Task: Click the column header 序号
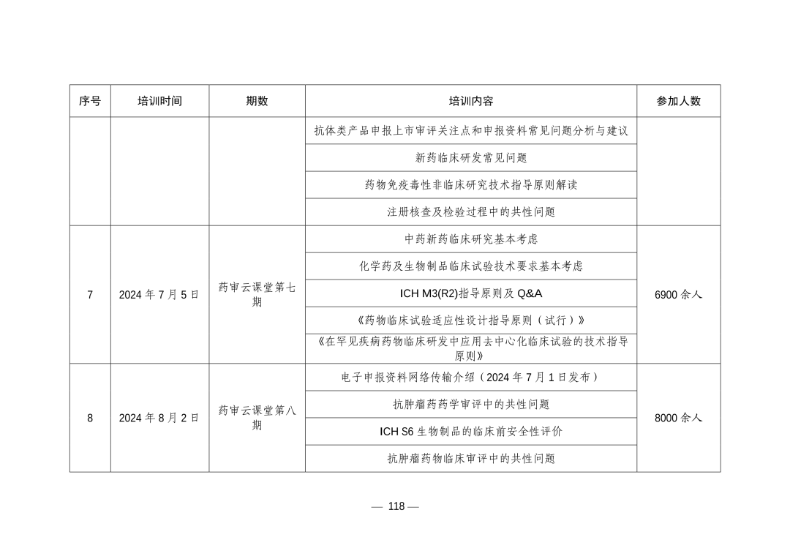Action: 90,101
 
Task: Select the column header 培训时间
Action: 159,101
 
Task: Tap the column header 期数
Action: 257,101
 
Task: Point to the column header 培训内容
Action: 470,101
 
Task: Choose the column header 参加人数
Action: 678,101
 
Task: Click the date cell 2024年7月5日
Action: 159,295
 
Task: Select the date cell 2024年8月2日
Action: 159,418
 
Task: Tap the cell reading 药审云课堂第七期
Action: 257,294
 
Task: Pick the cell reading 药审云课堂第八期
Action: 257,417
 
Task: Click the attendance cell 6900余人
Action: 678,295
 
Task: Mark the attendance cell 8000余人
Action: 678,418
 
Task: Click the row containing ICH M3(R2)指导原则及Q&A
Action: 470,293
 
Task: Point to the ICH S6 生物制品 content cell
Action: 470,431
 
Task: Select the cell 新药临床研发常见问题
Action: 470,157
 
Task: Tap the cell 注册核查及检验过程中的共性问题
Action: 470,211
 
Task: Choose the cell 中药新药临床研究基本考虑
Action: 470,239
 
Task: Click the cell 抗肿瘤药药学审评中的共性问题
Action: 470,404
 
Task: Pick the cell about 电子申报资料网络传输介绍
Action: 470,377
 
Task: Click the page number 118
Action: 396,506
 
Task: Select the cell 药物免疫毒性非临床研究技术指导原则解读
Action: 470,184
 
